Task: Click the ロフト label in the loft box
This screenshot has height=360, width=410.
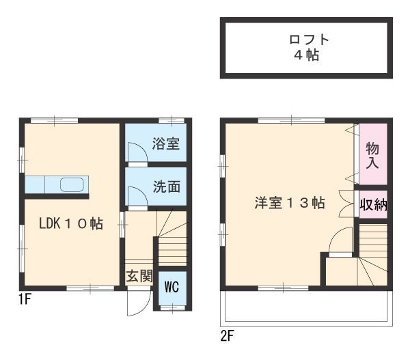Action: tap(307, 39)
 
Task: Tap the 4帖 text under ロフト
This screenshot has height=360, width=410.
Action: tap(307, 55)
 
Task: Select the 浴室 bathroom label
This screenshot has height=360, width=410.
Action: tap(166, 144)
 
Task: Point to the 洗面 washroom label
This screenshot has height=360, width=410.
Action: tap(166, 186)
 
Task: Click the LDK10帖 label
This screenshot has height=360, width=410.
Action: tap(71, 223)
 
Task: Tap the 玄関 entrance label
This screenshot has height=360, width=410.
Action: tap(139, 276)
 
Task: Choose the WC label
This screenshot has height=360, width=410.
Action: tap(171, 287)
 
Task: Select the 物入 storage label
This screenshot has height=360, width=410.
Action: tap(372, 156)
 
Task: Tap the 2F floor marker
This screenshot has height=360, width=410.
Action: tap(228, 336)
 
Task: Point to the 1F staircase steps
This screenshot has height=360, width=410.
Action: tap(172, 246)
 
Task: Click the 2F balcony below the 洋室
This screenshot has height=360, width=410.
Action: tap(305, 308)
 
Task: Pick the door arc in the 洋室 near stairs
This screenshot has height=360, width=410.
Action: tap(339, 243)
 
